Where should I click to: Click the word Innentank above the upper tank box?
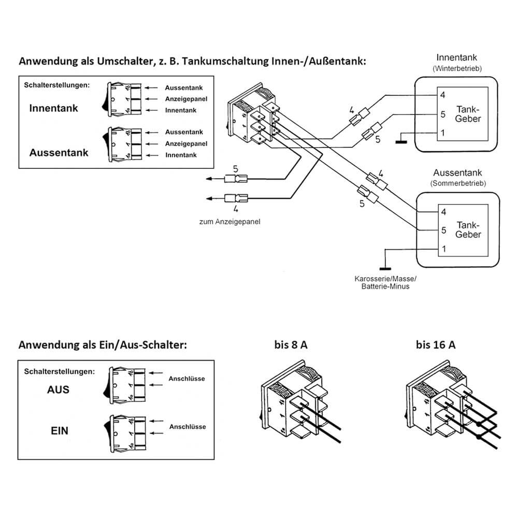tap(456, 57)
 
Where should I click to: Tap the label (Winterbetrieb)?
tap(456, 68)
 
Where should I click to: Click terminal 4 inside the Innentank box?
tap(442, 95)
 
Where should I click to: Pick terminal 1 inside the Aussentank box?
tap(442, 249)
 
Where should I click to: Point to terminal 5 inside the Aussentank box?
tap(442, 229)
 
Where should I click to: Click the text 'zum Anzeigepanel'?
tap(229, 221)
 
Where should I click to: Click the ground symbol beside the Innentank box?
tap(401, 139)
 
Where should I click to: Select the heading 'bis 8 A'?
tap(291, 345)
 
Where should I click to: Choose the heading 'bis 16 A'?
tap(435, 345)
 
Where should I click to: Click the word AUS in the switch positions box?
tap(58, 389)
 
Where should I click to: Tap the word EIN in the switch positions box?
tap(59, 430)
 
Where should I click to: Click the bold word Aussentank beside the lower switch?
tap(59, 153)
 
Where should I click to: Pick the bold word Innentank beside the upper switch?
tap(53, 108)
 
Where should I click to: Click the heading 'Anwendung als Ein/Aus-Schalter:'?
tap(102, 345)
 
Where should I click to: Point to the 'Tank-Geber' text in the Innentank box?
tap(468, 114)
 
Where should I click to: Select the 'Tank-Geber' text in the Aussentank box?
tap(468, 229)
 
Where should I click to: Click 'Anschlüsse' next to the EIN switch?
tap(187, 427)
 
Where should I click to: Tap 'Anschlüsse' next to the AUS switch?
tap(186, 379)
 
